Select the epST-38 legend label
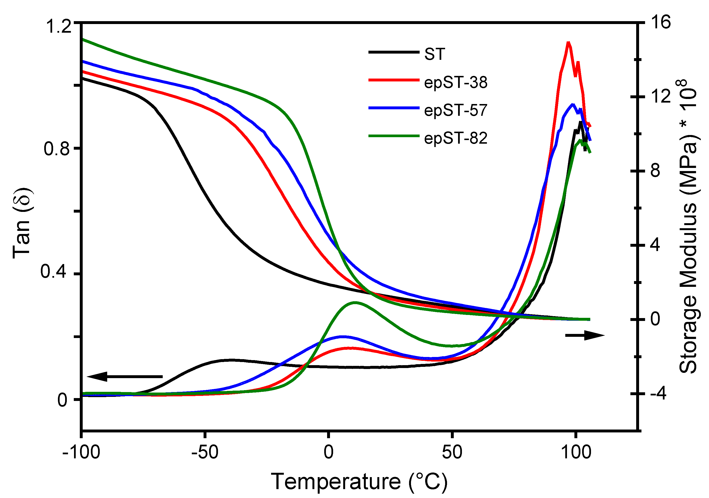click(455, 82)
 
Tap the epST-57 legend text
click(455, 110)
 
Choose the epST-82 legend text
click(455, 138)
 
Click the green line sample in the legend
click(394, 136)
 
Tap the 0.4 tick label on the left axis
click(53, 272)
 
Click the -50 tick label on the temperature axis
click(205, 452)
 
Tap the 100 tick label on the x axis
click(576, 452)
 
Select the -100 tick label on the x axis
click(81, 452)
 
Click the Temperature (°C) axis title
click(359, 482)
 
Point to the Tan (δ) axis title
click(22, 223)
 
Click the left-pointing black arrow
click(124, 377)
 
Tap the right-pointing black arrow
click(584, 335)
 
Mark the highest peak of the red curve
click(568, 42)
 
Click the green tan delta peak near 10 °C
click(355, 302)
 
